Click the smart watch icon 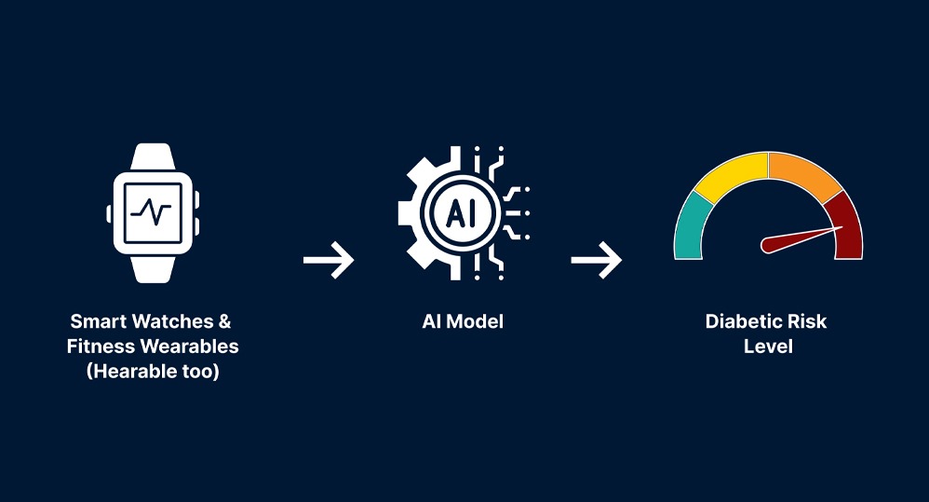click(153, 212)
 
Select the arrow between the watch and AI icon click(329, 261)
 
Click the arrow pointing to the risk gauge click(597, 261)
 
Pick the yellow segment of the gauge click(733, 176)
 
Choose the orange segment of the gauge click(802, 176)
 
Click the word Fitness click(100, 346)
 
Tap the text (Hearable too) click(152, 373)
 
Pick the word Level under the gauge click(768, 346)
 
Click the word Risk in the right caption click(806, 321)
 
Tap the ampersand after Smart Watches click(224, 321)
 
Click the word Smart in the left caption click(98, 321)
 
